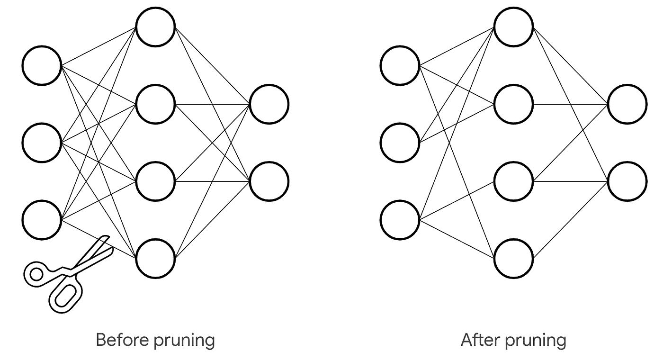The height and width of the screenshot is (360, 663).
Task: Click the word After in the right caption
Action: [478, 340]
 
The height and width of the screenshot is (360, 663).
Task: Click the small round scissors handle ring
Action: [36, 274]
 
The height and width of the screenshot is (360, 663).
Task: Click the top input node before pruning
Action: [42, 65]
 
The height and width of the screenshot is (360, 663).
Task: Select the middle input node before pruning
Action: [42, 142]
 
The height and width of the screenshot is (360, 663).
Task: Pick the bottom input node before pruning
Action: [42, 220]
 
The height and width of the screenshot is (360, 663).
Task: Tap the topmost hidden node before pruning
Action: [155, 27]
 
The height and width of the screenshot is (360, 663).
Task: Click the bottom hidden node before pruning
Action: [155, 259]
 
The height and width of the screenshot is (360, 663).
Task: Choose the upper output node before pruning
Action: [269, 104]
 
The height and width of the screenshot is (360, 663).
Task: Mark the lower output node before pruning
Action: [269, 181]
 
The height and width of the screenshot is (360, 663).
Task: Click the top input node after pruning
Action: [400, 65]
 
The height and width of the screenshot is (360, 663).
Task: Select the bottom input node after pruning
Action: [400, 220]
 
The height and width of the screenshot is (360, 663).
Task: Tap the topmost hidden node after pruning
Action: [513, 27]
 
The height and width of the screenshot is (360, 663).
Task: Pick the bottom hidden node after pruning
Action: [513, 259]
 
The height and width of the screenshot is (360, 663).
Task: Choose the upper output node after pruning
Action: [627, 104]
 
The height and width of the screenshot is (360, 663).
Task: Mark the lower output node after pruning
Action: [627, 181]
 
